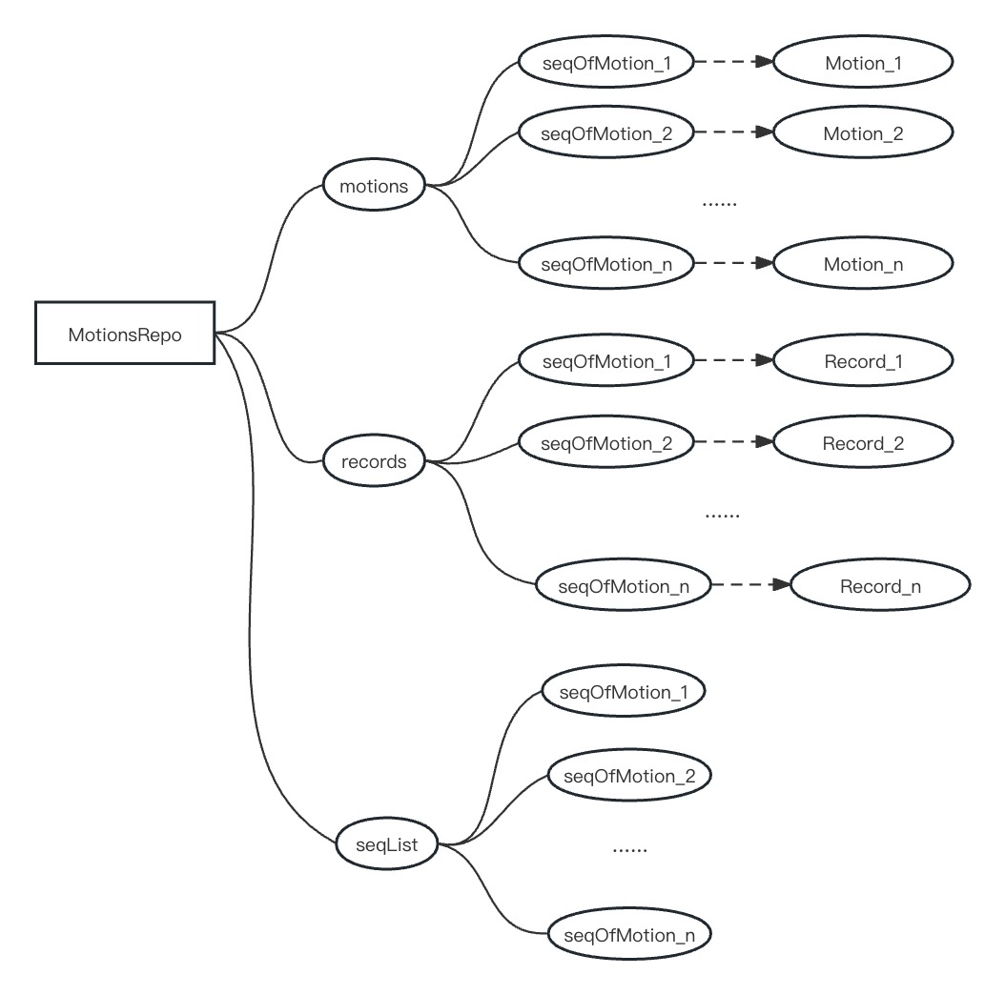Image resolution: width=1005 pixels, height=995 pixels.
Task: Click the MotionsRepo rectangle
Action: click(125, 334)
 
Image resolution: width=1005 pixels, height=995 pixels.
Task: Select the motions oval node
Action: click(374, 187)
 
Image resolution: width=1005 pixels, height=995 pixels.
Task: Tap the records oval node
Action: click(374, 462)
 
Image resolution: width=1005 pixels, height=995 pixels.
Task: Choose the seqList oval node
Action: click(386, 844)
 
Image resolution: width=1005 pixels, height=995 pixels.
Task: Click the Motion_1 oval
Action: click(863, 63)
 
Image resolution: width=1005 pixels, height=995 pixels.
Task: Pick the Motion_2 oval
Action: click(863, 133)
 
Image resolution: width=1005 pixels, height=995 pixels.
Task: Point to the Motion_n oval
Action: click(863, 264)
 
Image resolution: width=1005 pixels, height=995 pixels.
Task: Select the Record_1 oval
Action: click(863, 361)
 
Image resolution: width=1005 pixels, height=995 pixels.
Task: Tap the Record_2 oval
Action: click(863, 443)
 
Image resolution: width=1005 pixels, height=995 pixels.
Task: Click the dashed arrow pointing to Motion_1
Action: click(732, 63)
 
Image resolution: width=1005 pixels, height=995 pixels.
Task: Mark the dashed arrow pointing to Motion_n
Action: click(732, 264)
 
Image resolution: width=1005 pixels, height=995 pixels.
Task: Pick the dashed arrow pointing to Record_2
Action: click(732, 443)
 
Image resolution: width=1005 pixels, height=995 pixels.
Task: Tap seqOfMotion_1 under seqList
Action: click(624, 693)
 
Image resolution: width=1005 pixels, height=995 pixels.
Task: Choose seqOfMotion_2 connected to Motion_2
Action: click(606, 133)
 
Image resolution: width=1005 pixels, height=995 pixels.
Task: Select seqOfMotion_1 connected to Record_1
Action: click(606, 361)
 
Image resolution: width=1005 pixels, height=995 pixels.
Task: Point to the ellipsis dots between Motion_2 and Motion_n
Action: click(720, 203)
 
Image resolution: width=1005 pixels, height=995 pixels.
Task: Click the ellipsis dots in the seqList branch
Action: click(629, 848)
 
